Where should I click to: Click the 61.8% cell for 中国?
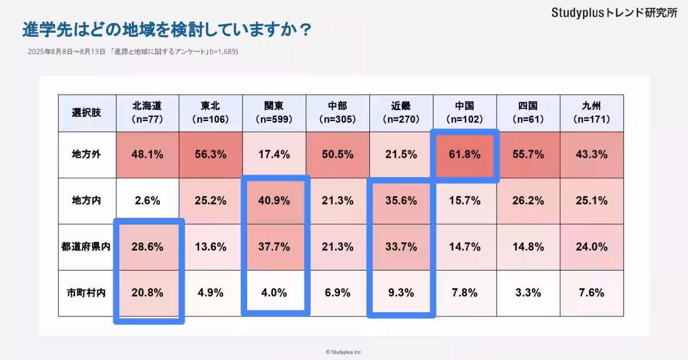(464, 155)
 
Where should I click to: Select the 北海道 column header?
(148, 113)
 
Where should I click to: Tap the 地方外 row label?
(87, 155)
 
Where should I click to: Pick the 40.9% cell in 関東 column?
(274, 201)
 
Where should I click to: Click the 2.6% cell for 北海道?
(148, 201)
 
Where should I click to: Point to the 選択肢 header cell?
(87, 113)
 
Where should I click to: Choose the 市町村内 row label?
(87, 292)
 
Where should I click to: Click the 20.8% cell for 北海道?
(148, 292)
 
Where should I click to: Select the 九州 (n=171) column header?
(591, 113)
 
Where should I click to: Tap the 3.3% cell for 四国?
(527, 292)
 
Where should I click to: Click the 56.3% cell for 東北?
(211, 155)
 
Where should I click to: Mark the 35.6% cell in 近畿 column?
(401, 201)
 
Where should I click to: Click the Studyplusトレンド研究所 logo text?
(614, 13)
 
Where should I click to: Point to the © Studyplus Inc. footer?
(344, 352)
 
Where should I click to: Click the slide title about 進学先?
(166, 29)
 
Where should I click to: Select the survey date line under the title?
(132, 52)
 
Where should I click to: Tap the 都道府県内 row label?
(87, 247)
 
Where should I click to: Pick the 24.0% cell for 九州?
(591, 247)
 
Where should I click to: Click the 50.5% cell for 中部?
(338, 155)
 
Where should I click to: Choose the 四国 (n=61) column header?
(527, 113)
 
